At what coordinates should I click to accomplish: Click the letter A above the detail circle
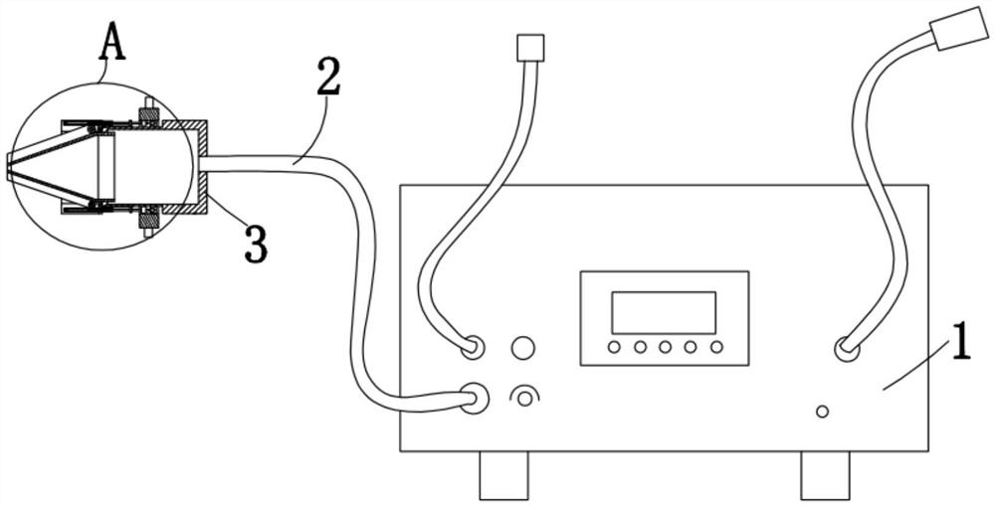(114, 43)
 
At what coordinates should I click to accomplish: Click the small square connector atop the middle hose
(531, 47)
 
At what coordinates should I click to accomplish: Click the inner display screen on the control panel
(663, 312)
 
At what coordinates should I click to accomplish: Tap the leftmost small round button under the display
(615, 348)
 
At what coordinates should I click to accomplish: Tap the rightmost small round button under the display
(716, 348)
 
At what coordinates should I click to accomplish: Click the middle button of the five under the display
(666, 348)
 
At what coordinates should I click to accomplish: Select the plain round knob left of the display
(522, 348)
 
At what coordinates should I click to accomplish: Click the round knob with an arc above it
(522, 399)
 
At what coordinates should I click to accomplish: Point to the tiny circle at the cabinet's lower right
(822, 411)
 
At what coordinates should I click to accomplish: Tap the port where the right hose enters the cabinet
(846, 349)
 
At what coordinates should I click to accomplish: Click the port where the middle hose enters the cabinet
(473, 348)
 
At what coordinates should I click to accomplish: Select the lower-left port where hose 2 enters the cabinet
(475, 398)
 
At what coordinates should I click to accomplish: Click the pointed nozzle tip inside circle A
(10, 168)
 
